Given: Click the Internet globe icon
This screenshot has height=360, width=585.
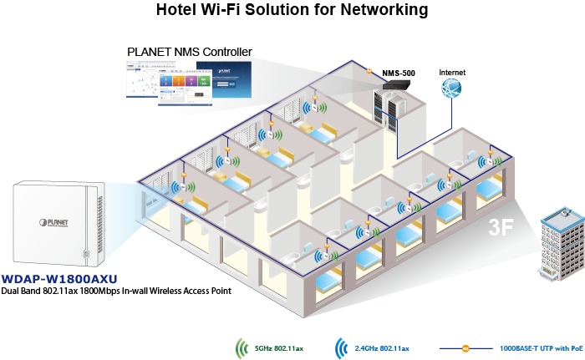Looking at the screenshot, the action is click(x=451, y=89).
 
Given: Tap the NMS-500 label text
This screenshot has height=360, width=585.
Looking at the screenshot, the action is click(x=399, y=74).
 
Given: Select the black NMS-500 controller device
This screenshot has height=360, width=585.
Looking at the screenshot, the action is click(x=399, y=84).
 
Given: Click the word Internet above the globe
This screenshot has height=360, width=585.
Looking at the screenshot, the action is click(x=452, y=73).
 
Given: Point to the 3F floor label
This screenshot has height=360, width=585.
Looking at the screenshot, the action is click(x=501, y=226).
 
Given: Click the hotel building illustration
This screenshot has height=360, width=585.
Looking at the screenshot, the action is click(x=562, y=244).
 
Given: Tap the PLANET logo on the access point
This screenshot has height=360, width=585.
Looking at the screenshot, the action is click(x=54, y=223).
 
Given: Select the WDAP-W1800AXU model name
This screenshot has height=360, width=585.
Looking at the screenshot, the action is click(x=59, y=279).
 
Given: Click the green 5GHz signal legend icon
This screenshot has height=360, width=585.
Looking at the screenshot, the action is click(x=242, y=348).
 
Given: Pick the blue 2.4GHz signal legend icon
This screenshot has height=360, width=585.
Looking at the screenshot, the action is click(x=341, y=348).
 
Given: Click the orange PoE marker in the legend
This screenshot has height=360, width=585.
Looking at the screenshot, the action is click(x=465, y=349).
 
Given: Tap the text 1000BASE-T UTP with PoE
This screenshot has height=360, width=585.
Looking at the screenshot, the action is click(x=542, y=348).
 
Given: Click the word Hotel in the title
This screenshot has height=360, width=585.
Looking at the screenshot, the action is click(x=176, y=9).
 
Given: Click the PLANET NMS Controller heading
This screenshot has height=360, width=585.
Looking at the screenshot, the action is click(x=190, y=52).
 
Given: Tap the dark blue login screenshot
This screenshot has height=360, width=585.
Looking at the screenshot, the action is click(x=224, y=79).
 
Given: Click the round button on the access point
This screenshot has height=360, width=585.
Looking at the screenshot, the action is click(x=86, y=254).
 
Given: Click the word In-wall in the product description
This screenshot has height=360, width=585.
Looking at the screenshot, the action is click(x=135, y=291).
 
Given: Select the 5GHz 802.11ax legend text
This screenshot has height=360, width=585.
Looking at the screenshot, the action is click(x=278, y=348).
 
